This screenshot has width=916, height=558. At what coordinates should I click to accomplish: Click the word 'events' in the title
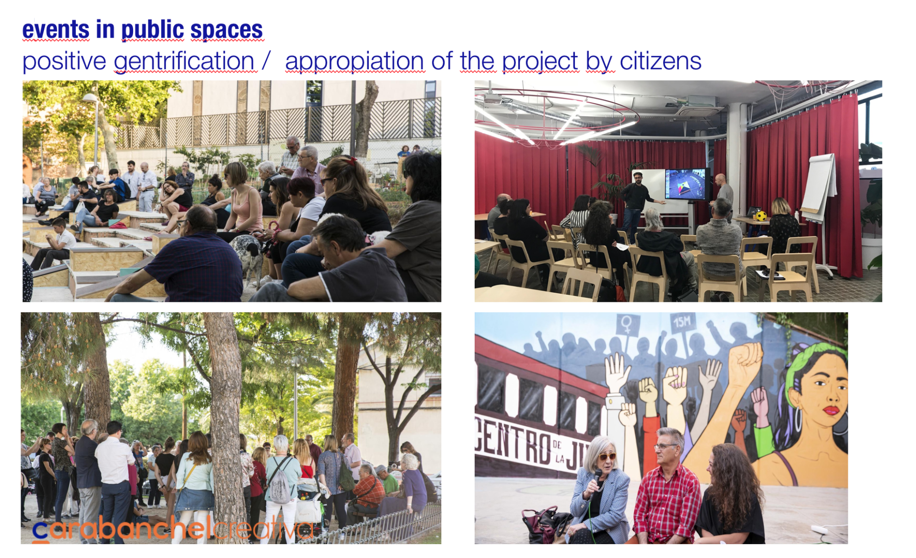pos(56,30)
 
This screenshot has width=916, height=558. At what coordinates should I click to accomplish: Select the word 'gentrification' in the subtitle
pos(184,62)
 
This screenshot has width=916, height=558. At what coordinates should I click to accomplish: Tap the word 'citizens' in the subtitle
pos(660,61)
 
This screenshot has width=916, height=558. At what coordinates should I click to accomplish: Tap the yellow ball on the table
pos(761,216)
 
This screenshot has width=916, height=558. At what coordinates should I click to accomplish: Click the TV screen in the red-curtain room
pos(686,184)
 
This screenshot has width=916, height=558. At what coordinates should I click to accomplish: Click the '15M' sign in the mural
pos(682,323)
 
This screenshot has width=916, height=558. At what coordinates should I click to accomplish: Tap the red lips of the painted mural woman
pos(831,410)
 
